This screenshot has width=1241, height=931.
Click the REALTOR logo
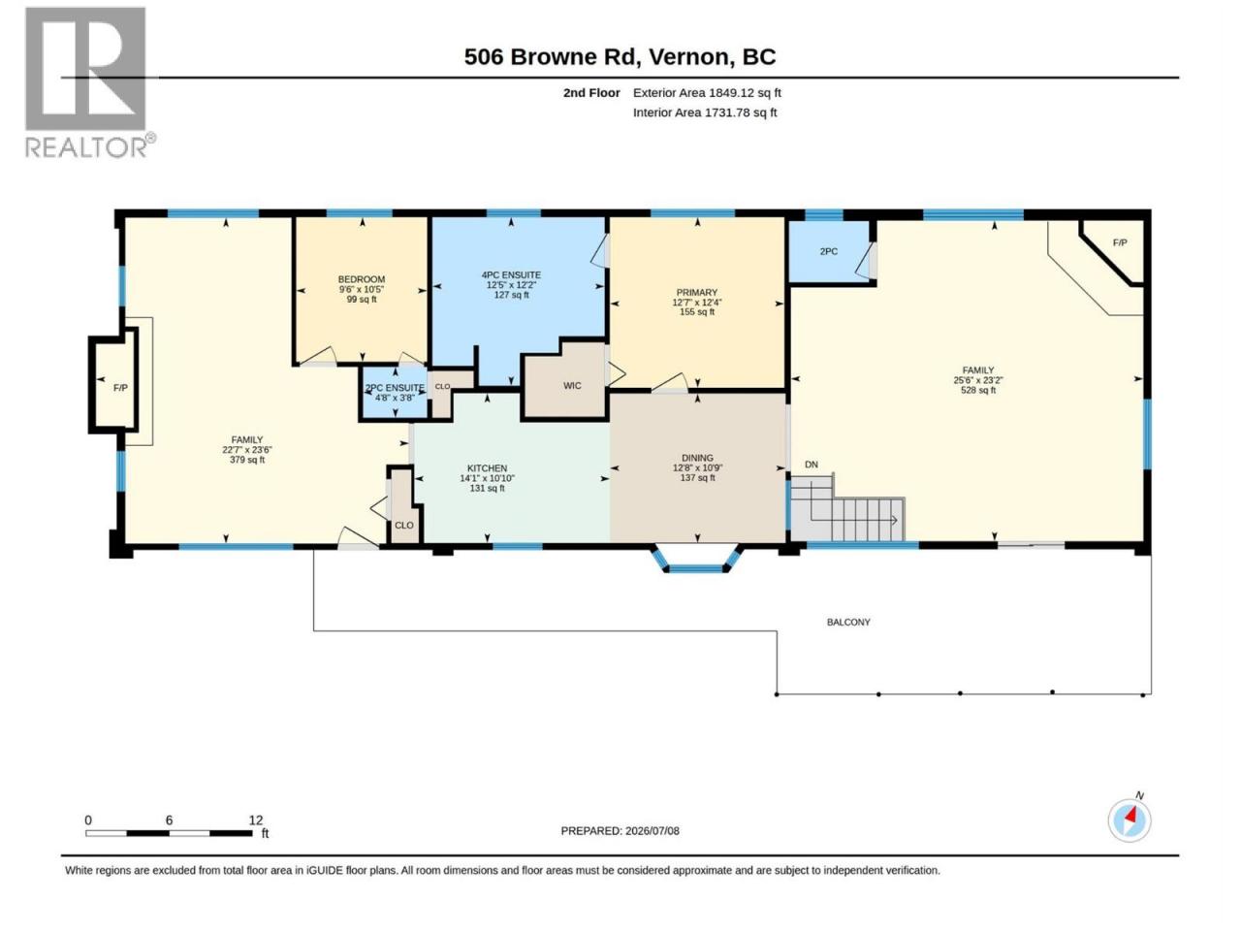tap(90, 82)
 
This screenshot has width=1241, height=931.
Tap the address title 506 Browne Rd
tap(552, 57)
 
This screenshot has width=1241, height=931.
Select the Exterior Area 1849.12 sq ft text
tap(707, 93)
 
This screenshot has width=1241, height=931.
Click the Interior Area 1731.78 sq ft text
tap(705, 112)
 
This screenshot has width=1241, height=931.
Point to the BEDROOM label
tap(362, 279)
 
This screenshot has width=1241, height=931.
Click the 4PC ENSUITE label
tap(511, 274)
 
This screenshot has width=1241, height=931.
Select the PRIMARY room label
tap(696, 292)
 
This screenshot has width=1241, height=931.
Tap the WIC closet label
tap(572, 386)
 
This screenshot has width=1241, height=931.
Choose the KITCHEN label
tap(487, 468)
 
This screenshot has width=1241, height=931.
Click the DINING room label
tap(697, 458)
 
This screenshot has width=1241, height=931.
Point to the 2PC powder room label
tap(828, 251)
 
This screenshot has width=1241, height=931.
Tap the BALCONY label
tap(848, 622)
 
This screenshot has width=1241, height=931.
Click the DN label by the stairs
tap(811, 465)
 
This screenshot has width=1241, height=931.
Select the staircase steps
tap(847, 509)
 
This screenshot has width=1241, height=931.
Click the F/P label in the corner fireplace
tap(1120, 242)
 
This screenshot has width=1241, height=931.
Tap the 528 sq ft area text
tap(978, 390)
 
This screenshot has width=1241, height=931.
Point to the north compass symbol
tap(1130, 820)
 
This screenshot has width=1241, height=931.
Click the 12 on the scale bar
tap(256, 819)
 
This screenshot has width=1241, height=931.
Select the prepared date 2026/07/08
tap(652, 830)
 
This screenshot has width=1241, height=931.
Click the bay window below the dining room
tap(695, 560)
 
